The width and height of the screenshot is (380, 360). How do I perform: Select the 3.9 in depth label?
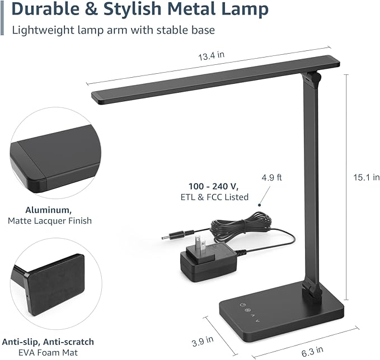point(201,339)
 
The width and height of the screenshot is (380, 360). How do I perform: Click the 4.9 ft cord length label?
point(271,178)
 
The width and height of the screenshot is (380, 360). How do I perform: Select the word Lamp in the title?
point(246,10)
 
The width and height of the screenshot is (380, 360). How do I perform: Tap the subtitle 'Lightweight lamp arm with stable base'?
point(114,30)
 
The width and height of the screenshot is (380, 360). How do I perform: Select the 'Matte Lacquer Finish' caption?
point(50,221)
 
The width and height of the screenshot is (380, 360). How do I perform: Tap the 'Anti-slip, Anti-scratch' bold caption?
point(48,342)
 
